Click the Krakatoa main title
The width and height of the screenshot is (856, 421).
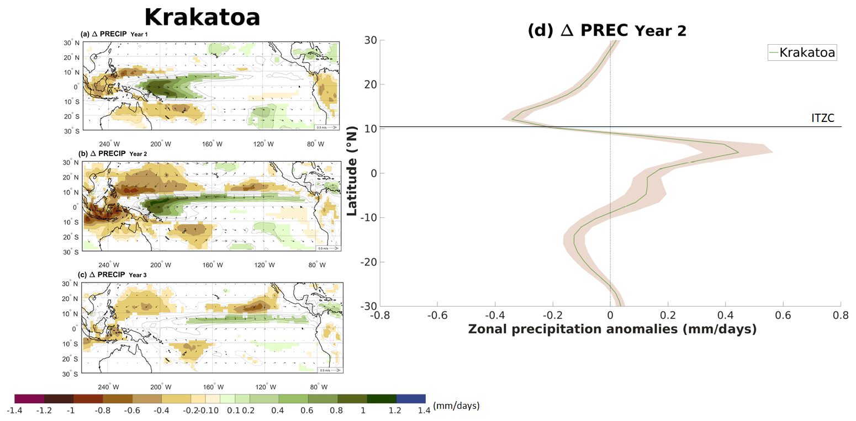[x=202, y=17]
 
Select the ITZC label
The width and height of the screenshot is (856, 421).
[x=822, y=118]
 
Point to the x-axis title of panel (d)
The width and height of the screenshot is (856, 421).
[x=611, y=329]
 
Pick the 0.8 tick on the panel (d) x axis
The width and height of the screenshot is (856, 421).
[x=841, y=316]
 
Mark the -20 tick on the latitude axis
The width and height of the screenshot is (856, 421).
[x=367, y=262]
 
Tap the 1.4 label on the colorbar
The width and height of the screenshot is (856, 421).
[x=425, y=410]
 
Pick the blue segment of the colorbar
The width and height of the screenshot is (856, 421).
[x=411, y=398]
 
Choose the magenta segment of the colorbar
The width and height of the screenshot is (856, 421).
[x=29, y=398]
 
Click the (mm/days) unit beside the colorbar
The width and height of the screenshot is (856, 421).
[x=456, y=406]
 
